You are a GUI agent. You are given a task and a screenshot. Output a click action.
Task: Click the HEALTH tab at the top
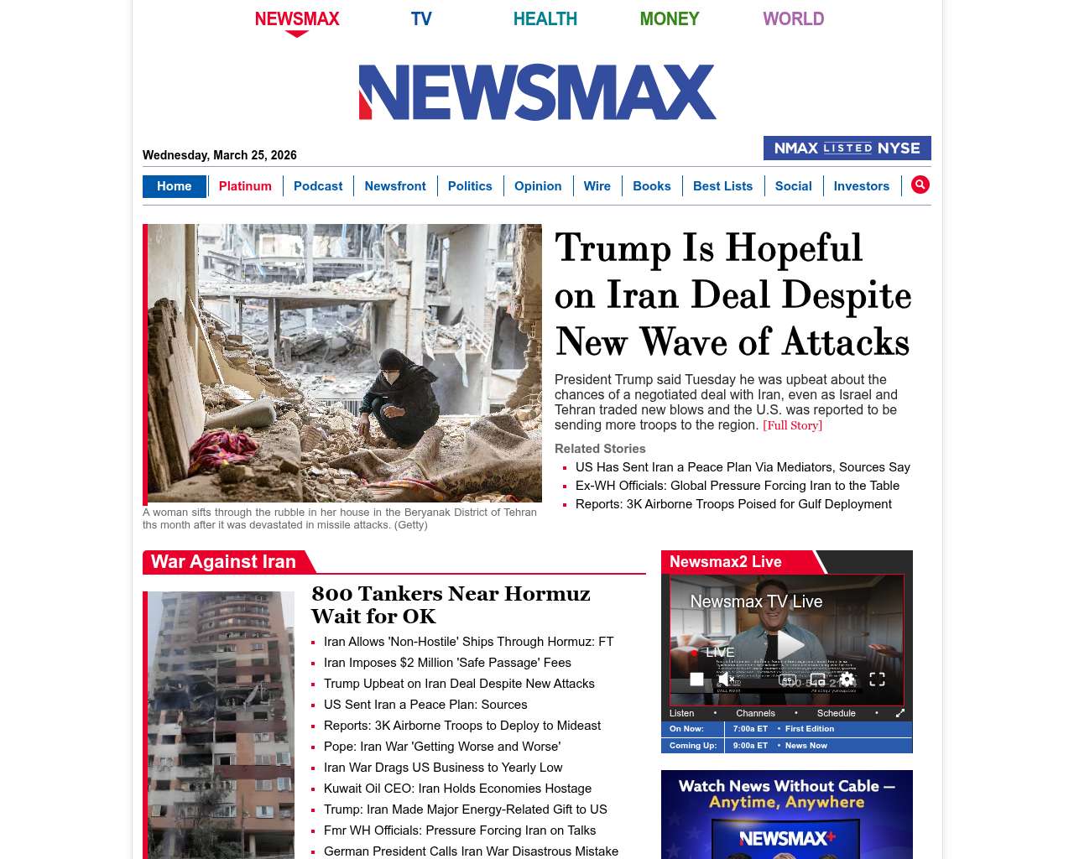click(545, 18)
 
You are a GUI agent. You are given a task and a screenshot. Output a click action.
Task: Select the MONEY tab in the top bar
click(669, 18)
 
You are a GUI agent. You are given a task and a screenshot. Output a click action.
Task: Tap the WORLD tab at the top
click(793, 18)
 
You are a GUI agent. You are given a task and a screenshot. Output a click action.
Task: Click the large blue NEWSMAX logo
click(537, 92)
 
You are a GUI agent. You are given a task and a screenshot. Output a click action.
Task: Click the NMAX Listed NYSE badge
click(847, 148)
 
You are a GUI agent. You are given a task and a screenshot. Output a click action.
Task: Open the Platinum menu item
click(245, 186)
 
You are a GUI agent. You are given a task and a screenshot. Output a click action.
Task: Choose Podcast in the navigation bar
click(318, 186)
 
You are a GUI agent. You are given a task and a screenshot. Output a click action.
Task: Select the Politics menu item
click(470, 186)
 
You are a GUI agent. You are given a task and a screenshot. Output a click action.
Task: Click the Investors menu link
click(861, 186)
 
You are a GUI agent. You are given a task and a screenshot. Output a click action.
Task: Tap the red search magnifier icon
click(920, 185)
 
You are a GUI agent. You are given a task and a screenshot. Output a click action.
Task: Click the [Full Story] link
click(792, 425)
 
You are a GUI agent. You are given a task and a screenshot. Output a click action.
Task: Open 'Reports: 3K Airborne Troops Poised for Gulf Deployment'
click(733, 504)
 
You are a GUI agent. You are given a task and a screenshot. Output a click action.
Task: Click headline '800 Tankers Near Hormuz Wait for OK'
click(451, 605)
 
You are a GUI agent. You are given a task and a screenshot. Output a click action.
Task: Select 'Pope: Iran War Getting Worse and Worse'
click(442, 747)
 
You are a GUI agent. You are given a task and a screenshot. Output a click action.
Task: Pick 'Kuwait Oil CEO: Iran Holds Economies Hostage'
click(457, 789)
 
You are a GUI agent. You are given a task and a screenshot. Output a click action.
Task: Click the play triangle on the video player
click(790, 645)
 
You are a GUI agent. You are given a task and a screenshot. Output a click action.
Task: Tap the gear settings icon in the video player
click(847, 679)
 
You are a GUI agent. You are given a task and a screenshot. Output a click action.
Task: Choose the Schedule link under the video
click(836, 713)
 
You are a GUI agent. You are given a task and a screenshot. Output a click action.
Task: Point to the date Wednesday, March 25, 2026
click(220, 155)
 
